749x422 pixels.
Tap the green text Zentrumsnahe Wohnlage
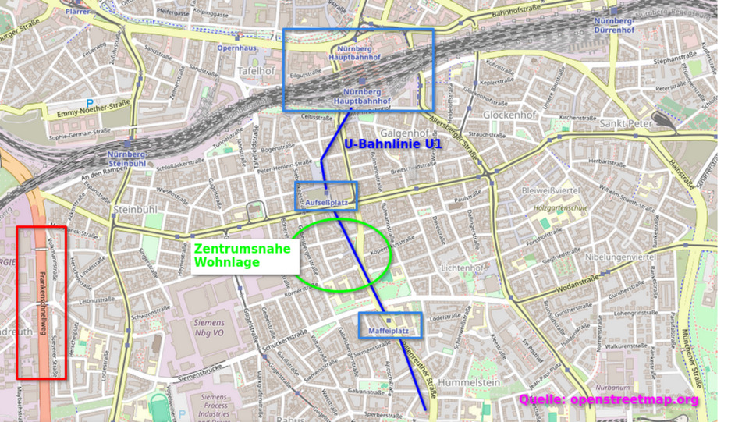(x=242, y=255)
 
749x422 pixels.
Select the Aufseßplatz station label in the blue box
(x=326, y=202)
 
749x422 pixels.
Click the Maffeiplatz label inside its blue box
(x=390, y=332)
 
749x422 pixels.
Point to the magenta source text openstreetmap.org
(x=609, y=400)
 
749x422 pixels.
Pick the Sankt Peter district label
(x=625, y=123)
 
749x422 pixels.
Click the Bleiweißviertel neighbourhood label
(x=571, y=190)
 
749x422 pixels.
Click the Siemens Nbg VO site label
(x=209, y=328)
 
